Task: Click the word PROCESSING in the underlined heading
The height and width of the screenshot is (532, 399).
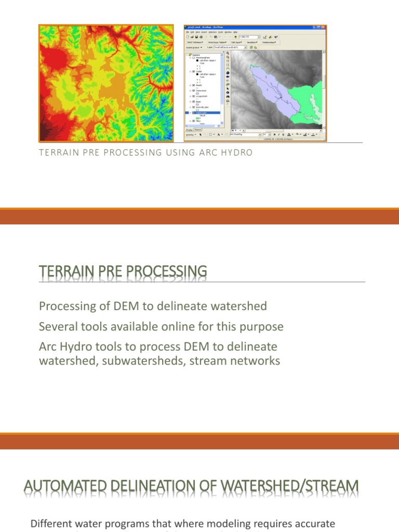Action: click(x=165, y=271)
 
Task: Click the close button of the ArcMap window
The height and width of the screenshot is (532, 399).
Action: click(x=324, y=27)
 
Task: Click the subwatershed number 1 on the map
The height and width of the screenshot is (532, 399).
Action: click(x=268, y=89)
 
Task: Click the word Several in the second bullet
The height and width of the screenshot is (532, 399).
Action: click(x=58, y=327)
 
